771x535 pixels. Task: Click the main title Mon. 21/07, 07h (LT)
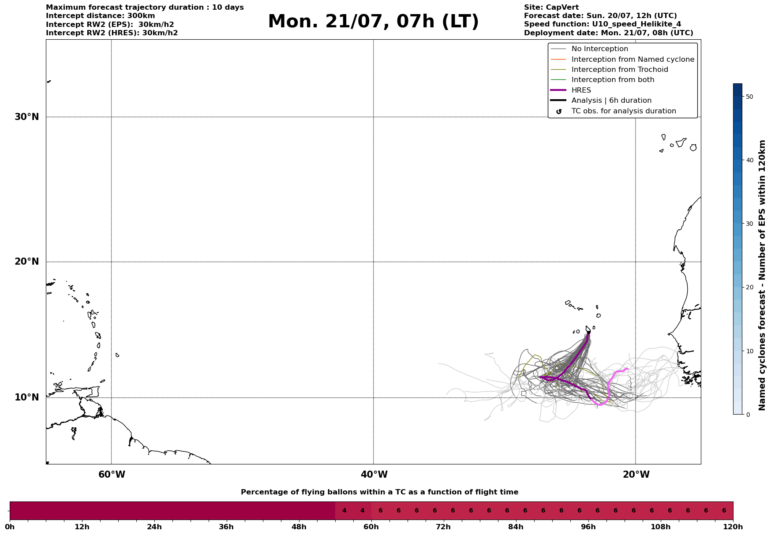coord(373,22)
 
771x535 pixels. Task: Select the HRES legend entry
coord(581,90)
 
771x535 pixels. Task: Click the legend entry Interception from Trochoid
coord(619,70)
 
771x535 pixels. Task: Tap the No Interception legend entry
coord(599,49)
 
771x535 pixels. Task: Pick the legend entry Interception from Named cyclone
coord(633,60)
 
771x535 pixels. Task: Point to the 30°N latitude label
coord(27,117)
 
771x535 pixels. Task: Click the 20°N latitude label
coord(27,262)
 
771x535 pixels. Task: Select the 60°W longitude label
coord(112,475)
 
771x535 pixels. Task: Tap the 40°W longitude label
coord(374,475)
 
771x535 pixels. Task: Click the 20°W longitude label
coord(636,475)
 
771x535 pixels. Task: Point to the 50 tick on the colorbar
coord(749,97)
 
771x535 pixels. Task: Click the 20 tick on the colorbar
coord(749,287)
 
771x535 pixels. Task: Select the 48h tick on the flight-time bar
coord(299,527)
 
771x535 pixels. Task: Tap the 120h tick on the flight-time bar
coord(733,527)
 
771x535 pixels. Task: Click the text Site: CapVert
coord(551,7)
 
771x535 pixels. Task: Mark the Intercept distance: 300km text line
coord(100,16)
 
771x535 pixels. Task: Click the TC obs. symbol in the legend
coord(559,112)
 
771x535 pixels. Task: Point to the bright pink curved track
coord(609,388)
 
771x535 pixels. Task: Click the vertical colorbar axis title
coord(762,275)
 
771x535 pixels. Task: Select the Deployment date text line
coord(608,33)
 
